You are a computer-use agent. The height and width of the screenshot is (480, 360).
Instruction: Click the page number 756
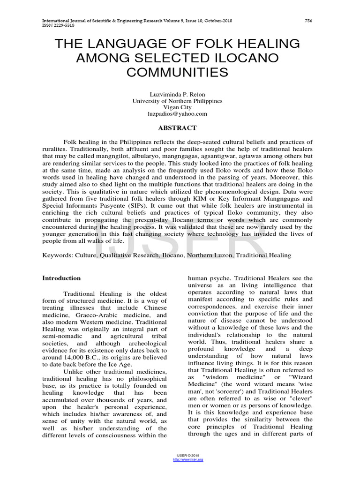pyautogui.click(x=308, y=21)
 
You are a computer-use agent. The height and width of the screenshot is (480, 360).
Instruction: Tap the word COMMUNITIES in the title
pyautogui.click(x=177, y=73)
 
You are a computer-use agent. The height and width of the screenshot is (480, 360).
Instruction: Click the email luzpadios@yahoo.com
pyautogui.click(x=177, y=114)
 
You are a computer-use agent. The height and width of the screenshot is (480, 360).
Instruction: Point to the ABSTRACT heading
pyautogui.click(x=177, y=127)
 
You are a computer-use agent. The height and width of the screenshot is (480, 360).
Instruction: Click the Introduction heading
pyautogui.click(x=61, y=278)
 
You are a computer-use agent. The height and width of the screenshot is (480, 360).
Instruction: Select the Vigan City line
pyautogui.click(x=177, y=107)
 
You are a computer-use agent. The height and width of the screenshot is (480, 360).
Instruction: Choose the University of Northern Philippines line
pyautogui.click(x=177, y=101)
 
